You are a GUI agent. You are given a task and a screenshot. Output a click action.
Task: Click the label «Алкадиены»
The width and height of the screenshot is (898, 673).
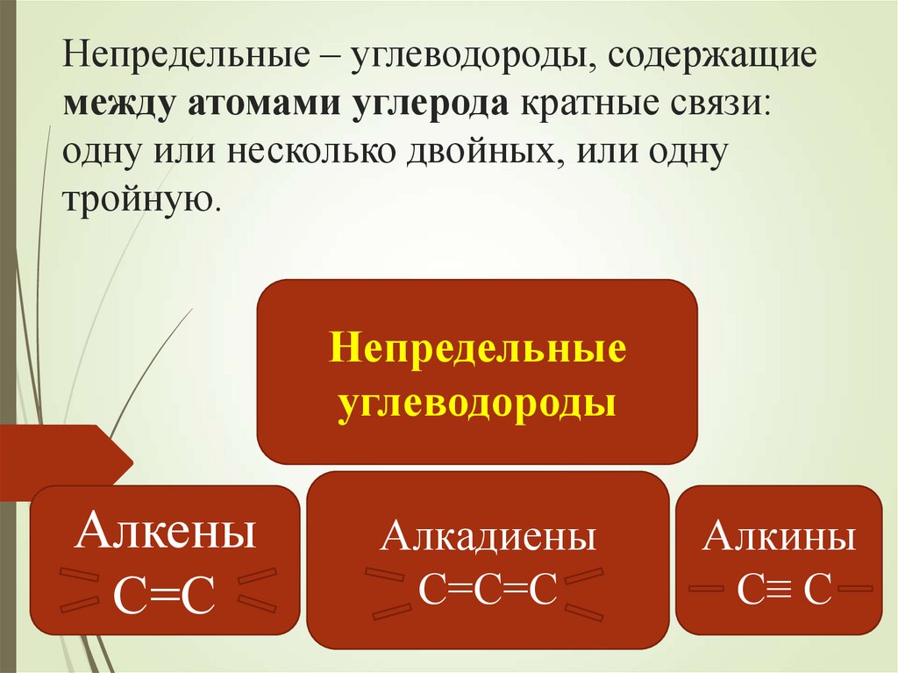(488, 536)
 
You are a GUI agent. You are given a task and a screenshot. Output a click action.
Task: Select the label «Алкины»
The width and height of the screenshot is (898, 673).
(779, 536)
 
